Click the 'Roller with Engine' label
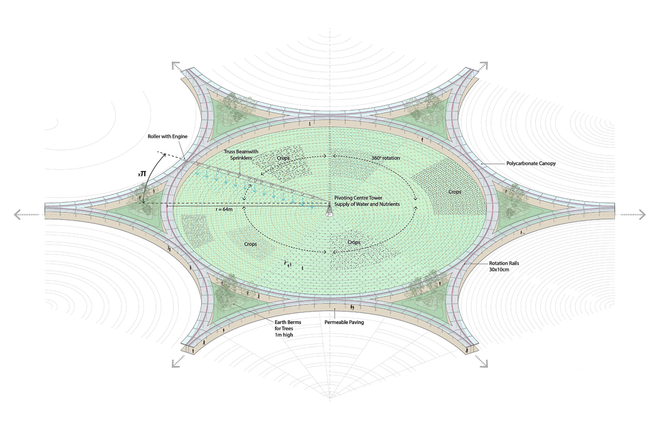(168, 137)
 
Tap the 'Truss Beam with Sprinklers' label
(241, 155)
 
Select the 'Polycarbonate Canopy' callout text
(531, 163)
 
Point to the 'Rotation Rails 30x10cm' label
(504, 266)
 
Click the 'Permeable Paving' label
(344, 323)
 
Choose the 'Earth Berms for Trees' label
(288, 325)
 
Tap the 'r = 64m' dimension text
(224, 209)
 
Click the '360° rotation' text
(385, 158)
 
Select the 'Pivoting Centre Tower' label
(358, 198)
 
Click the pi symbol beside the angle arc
(143, 174)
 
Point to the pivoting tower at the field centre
(329, 210)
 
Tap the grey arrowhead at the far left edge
(17, 214)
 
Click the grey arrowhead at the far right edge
(642, 214)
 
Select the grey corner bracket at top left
(176, 65)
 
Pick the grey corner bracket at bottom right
(484, 363)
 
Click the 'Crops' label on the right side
(455, 192)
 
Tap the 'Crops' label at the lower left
(251, 244)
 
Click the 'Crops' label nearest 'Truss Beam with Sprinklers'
(283, 158)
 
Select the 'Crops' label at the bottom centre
(354, 242)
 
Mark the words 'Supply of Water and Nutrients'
(367, 204)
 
